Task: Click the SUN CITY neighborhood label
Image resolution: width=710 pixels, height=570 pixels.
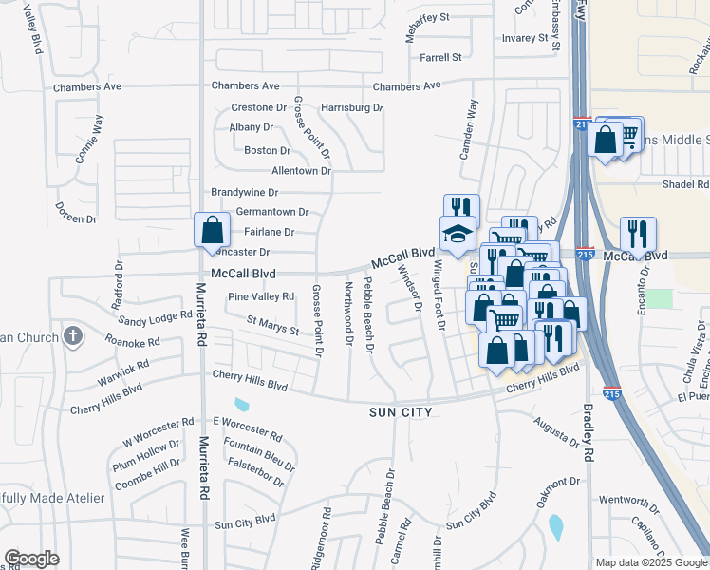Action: pyautogui.click(x=401, y=412)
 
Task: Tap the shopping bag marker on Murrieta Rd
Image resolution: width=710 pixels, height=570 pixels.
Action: pyautogui.click(x=212, y=231)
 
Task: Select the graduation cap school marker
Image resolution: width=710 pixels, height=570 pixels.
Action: pyautogui.click(x=457, y=235)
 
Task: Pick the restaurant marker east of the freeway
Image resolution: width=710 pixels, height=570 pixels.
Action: pyautogui.click(x=638, y=235)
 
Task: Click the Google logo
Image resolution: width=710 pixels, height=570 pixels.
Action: pyautogui.click(x=31, y=558)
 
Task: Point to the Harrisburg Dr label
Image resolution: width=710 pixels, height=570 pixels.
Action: pyautogui.click(x=351, y=108)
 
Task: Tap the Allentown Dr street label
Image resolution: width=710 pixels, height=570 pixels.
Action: pyautogui.click(x=301, y=171)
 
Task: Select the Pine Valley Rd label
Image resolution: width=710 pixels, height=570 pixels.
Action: pyautogui.click(x=261, y=296)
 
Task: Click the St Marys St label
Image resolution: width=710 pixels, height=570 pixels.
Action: pyautogui.click(x=273, y=326)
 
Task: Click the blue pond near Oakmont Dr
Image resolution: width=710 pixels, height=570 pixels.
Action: pyautogui.click(x=555, y=523)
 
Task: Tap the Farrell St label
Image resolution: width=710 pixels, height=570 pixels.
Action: pyautogui.click(x=440, y=57)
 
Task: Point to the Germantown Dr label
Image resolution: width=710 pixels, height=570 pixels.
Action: pyautogui.click(x=272, y=212)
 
